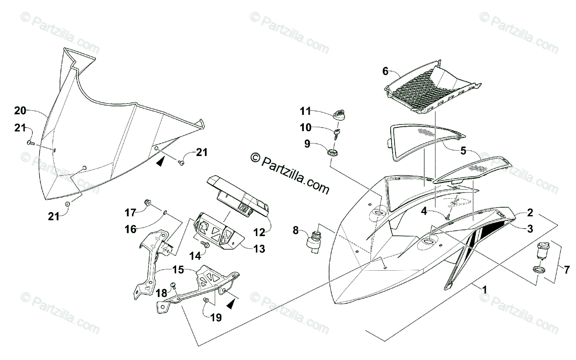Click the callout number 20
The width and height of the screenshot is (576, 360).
click(20, 111)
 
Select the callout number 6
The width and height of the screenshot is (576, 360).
click(385, 72)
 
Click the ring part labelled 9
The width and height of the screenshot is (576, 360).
click(333, 152)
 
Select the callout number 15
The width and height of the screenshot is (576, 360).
click(178, 271)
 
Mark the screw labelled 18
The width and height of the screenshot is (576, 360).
click(174, 286)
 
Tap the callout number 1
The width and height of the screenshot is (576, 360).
click(485, 289)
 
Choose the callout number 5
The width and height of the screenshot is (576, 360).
click(463, 150)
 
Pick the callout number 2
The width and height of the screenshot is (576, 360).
click(530, 212)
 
